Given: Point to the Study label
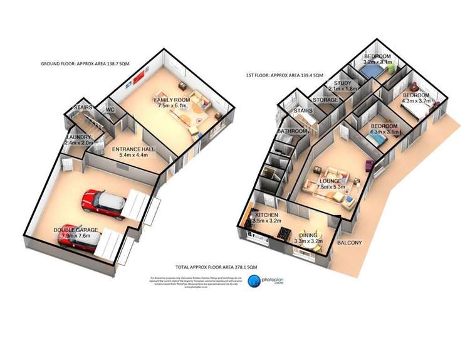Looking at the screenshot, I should tap(342, 83).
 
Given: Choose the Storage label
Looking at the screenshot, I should tap(325, 100).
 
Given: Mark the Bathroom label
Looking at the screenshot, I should tap(293, 131).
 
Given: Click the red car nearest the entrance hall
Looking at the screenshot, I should tap(105, 202).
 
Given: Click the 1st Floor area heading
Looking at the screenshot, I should tap(284, 75).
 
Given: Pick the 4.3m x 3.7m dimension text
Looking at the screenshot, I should tap(417, 100).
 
